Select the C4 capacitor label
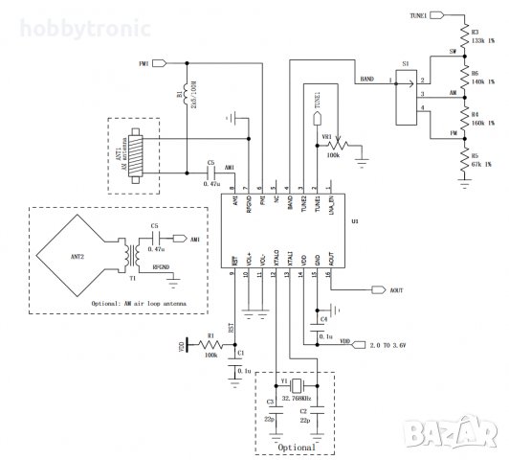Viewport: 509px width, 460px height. click(323, 316)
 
